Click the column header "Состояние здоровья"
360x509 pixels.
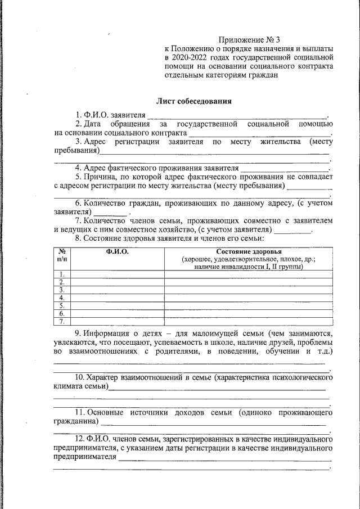[x=247, y=251]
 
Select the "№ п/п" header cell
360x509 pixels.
[x=62, y=255]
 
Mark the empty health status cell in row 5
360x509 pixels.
[x=247, y=305]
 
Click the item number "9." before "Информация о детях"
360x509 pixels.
[x=79, y=332]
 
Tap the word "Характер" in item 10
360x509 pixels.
[x=106, y=377]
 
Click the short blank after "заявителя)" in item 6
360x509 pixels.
[x=110, y=213]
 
